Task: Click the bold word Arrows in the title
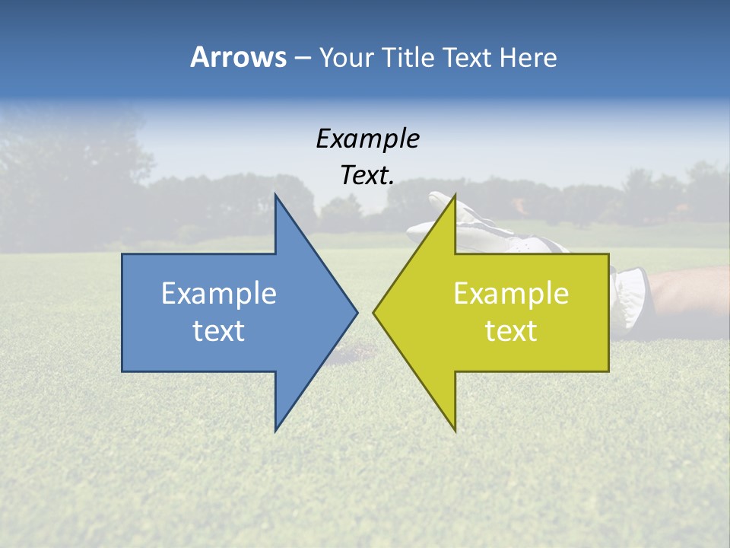click(238, 57)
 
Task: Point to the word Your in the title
click(344, 58)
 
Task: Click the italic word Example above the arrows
click(367, 139)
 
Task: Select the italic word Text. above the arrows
click(367, 176)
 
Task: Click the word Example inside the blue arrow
click(219, 294)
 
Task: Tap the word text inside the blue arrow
click(219, 331)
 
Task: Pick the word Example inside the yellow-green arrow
click(511, 294)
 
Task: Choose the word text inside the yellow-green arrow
click(511, 331)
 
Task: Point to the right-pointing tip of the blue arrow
click(357, 312)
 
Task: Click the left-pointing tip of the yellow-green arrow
click(374, 312)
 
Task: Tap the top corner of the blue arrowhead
click(276, 195)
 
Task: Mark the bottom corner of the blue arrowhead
click(276, 430)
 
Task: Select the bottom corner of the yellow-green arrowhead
click(455, 430)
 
